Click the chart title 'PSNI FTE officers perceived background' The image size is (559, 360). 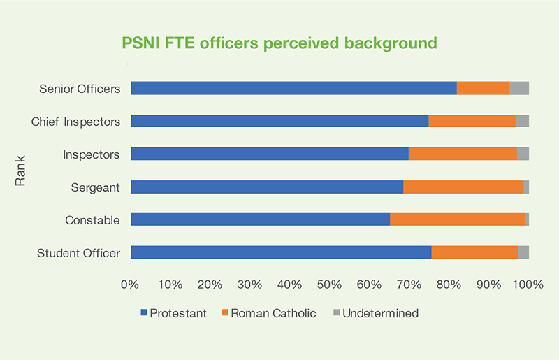(x=279, y=43)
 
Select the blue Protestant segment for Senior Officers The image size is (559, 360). (x=293, y=88)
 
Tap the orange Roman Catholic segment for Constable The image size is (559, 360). (x=457, y=219)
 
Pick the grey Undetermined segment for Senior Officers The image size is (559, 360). (x=518, y=88)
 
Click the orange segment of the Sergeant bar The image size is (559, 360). (x=463, y=187)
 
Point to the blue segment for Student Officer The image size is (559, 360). (x=281, y=252)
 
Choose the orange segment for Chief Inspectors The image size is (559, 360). (x=472, y=121)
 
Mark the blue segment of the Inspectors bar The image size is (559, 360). (x=270, y=154)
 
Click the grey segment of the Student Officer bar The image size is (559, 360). (x=523, y=252)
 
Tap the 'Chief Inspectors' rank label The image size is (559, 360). (x=75, y=122)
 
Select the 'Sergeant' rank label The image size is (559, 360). (x=95, y=187)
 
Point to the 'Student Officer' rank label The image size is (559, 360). (x=78, y=253)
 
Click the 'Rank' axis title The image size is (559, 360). (x=20, y=171)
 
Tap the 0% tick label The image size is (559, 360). (x=130, y=285)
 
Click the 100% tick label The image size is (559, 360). (x=528, y=285)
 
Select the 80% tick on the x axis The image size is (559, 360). (x=449, y=285)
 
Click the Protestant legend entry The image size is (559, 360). (x=174, y=313)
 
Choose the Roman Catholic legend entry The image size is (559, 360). (x=269, y=313)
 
